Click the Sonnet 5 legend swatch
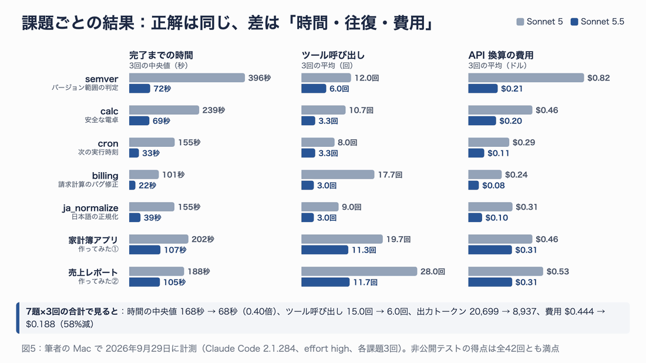520,22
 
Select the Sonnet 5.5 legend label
603,22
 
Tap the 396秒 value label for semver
259,78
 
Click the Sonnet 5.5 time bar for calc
139,121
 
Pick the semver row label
102,79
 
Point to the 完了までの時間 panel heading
161,55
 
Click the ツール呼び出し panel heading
333,55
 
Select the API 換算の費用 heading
500,55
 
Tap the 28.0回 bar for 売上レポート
359,271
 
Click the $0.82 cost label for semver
598,78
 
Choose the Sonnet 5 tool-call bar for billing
338,174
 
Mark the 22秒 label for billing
147,186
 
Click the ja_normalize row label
90,208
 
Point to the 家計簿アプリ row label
93,240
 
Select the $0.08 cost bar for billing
473,186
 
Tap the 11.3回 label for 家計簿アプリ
364,250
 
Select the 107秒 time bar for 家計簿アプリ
144,250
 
